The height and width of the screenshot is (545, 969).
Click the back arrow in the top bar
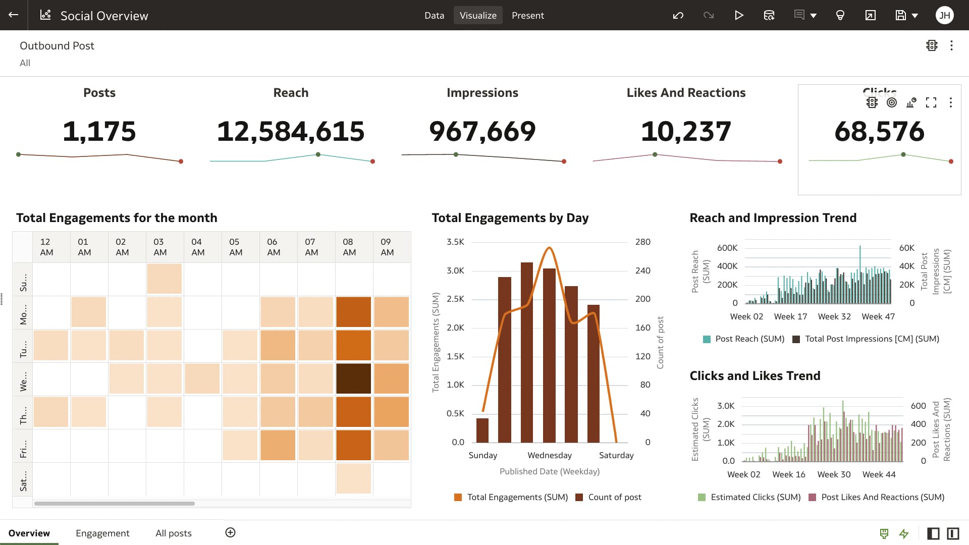click(14, 15)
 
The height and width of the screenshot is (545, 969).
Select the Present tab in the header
click(527, 16)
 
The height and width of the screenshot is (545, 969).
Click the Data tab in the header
click(434, 16)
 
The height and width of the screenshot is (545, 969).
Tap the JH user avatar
click(944, 16)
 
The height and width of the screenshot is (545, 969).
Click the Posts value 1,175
click(99, 131)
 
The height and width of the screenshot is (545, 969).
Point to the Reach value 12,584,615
click(291, 131)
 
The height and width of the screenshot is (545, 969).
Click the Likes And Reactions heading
click(686, 93)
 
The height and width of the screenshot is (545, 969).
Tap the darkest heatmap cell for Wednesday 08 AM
click(353, 378)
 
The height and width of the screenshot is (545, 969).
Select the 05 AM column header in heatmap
click(235, 247)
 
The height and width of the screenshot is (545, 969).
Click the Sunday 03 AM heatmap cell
click(164, 279)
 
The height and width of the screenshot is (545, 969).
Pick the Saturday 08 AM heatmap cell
click(353, 478)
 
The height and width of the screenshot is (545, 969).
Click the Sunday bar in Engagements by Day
click(482, 430)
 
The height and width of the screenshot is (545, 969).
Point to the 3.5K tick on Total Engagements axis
click(455, 242)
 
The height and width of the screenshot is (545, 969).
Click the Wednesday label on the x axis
click(550, 455)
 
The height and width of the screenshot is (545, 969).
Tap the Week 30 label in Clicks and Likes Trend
click(834, 474)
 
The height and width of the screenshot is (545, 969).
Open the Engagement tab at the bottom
click(102, 533)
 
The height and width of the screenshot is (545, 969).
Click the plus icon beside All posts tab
click(230, 533)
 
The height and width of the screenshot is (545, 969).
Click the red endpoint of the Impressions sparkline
click(564, 161)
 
